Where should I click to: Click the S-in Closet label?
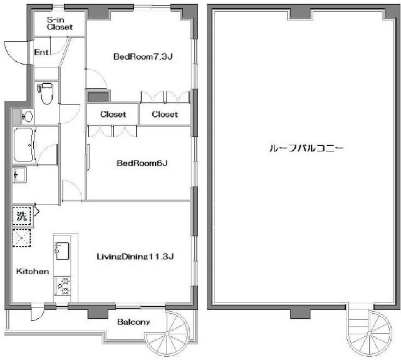tap(60, 24)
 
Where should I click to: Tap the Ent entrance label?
tap(41, 53)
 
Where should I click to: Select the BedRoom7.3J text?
tap(143, 56)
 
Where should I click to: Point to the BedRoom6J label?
tap(142, 163)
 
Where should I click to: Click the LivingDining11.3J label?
tap(135, 256)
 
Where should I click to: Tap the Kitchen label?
tap(33, 271)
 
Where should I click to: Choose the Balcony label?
tap(133, 322)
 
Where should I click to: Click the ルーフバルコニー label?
tap(306, 148)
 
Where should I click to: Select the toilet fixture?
tap(46, 93)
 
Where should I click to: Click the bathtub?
tap(24, 145)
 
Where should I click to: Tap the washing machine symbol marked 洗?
tap(22, 216)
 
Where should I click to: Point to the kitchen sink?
tap(62, 251)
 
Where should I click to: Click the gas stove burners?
tap(63, 286)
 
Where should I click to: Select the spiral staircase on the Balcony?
tap(167, 333)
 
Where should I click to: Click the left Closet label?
tap(113, 114)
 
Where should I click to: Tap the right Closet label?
tap(165, 114)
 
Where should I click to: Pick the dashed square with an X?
tap(22, 238)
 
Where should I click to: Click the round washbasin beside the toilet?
tap(28, 116)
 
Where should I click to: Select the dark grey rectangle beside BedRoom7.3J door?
tap(98, 97)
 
